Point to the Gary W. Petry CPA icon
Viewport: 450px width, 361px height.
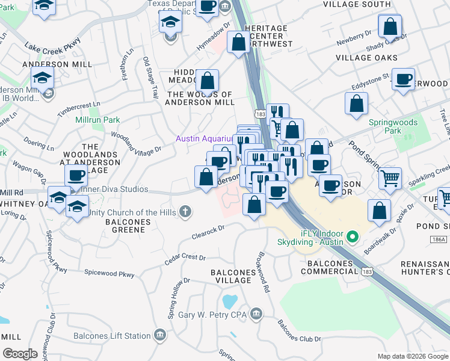pyautogui.click(x=256, y=313)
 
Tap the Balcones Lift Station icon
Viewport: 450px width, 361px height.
pyautogui.click(x=159, y=335)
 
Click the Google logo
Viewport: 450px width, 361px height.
pyautogui.click(x=20, y=354)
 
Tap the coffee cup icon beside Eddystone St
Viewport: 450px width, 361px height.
pyautogui.click(x=402, y=79)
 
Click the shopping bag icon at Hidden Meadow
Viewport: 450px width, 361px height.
pyautogui.click(x=207, y=81)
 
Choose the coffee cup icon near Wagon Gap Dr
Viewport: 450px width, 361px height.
pyautogui.click(x=76, y=176)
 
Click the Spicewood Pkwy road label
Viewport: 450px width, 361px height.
pyautogui.click(x=109, y=274)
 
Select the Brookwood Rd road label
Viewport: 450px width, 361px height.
pyautogui.click(x=264, y=270)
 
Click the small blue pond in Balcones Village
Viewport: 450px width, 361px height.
pyautogui.click(x=229, y=300)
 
